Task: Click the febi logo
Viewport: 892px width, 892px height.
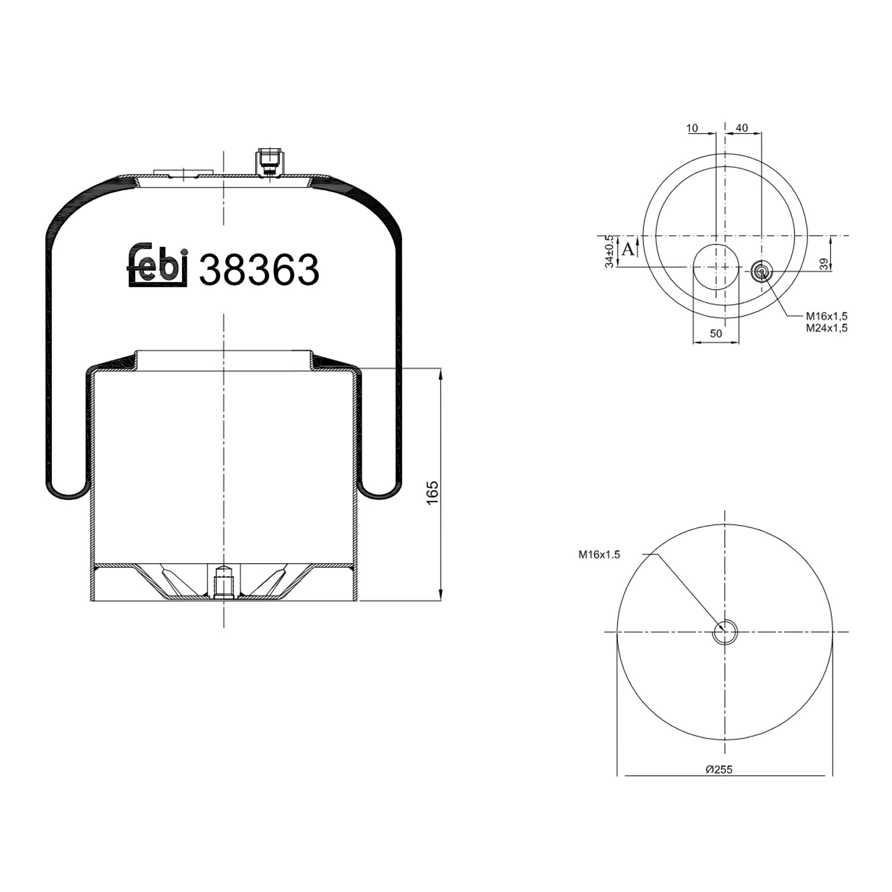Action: pos(158,265)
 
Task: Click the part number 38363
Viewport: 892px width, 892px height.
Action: pos(259,270)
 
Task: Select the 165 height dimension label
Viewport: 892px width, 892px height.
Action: pos(432,493)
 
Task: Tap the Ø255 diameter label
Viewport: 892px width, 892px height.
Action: pos(719,769)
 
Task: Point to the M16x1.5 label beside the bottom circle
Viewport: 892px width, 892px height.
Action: pos(599,555)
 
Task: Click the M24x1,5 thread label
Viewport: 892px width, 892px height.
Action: pos(827,328)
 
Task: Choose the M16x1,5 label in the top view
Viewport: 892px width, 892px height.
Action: pos(827,316)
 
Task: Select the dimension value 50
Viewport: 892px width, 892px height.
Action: pos(716,334)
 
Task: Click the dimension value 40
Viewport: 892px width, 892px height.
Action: pos(742,128)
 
